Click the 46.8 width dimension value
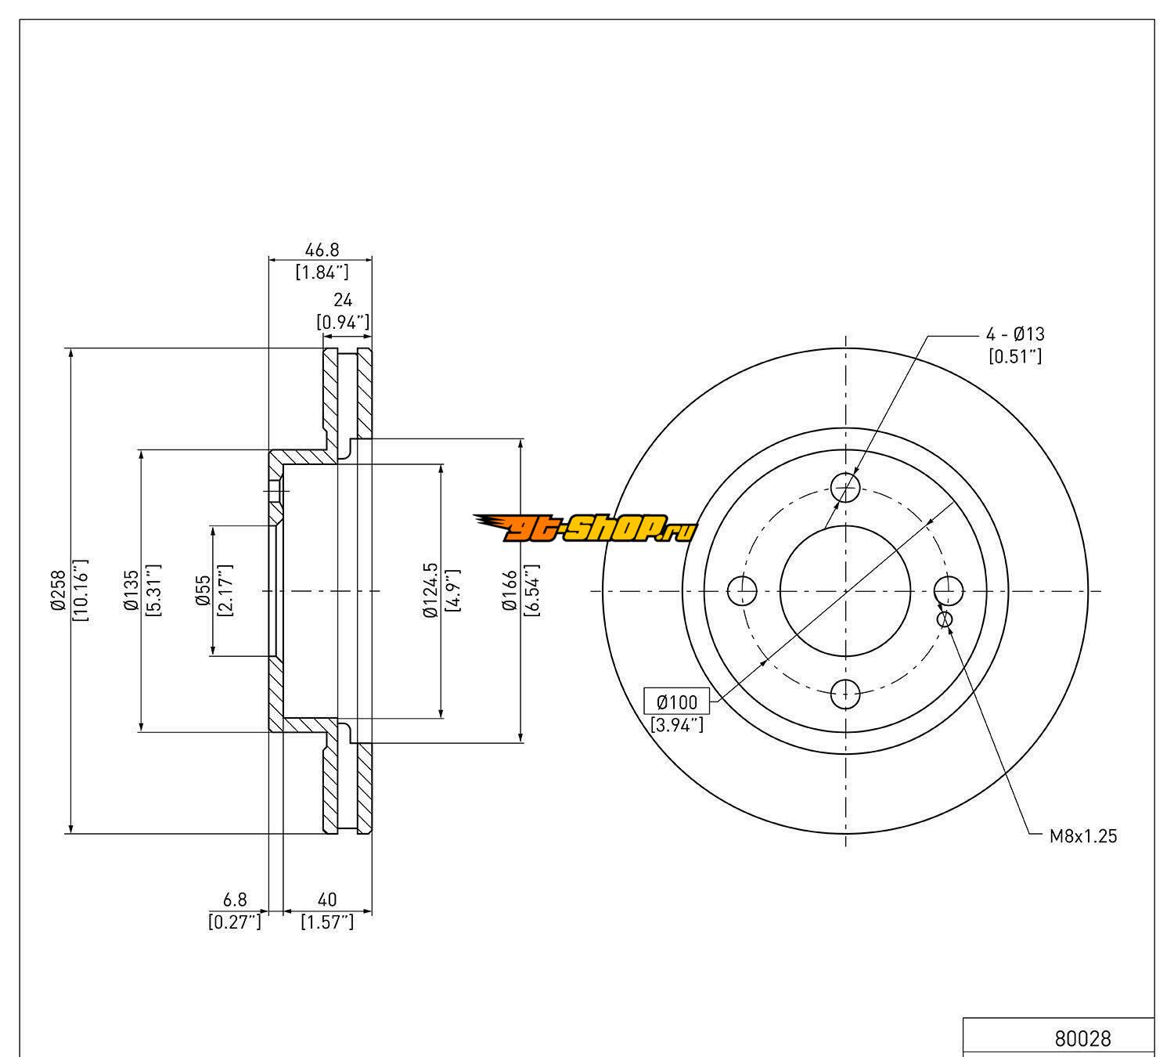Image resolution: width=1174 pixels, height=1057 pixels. coord(322,251)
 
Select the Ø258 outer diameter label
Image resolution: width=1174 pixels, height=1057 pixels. coord(57,590)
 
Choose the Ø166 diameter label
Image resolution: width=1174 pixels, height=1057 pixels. coord(510,590)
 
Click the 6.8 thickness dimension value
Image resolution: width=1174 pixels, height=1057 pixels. coord(235,900)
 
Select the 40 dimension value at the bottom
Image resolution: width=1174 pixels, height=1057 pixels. coord(327,900)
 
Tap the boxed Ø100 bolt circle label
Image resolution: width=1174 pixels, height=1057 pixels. coord(676,701)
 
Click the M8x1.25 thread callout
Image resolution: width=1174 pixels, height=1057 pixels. coord(1083,836)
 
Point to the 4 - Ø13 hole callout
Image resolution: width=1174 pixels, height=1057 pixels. coord(1014,334)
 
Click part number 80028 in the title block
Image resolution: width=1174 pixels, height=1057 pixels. coord(1082,1038)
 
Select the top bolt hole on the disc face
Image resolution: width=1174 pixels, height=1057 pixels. coord(845,489)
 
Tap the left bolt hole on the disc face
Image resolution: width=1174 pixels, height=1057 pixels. coord(743,591)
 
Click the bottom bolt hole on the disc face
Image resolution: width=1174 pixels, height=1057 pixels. coord(845,693)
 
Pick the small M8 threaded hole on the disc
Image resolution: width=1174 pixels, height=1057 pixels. coord(945,619)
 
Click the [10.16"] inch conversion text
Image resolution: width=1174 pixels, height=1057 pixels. coord(81,590)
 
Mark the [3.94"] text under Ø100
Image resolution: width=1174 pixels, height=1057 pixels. coord(677,726)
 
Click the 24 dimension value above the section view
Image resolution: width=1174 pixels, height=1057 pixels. coord(343,300)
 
